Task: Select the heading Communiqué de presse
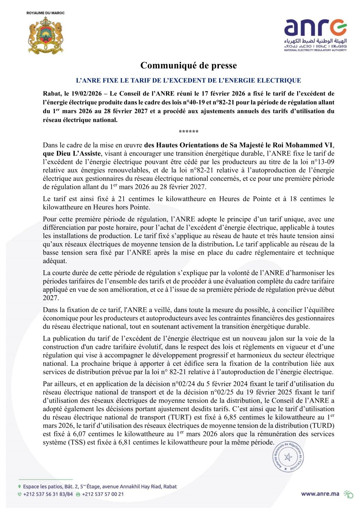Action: [x=189, y=65]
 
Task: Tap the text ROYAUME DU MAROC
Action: [x=45, y=13]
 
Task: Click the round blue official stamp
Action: [x=288, y=457]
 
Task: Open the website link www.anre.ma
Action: [x=320, y=494]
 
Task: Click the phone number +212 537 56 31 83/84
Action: [x=48, y=494]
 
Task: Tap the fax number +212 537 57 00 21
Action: [x=103, y=494]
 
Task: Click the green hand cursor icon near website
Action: [x=348, y=494]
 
